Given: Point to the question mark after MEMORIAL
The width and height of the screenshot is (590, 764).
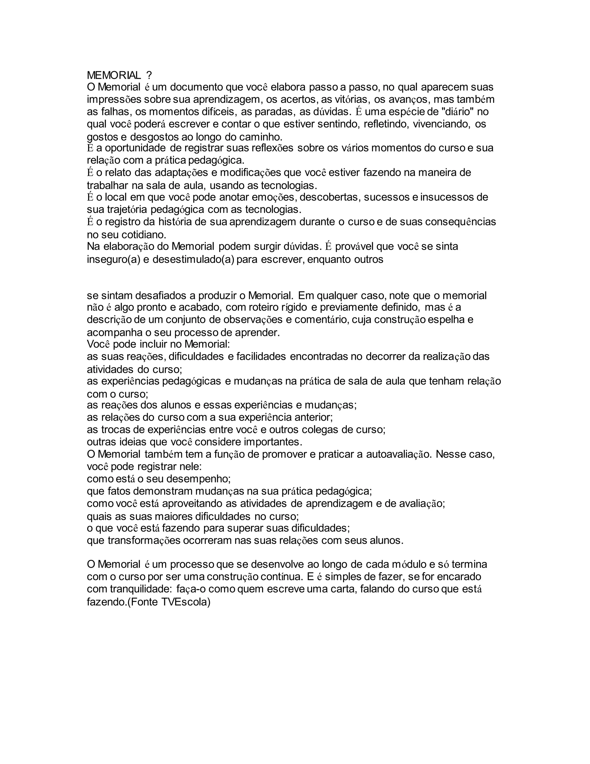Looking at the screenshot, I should point(149,75).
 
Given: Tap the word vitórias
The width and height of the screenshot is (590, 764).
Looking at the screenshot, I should point(351,99).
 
